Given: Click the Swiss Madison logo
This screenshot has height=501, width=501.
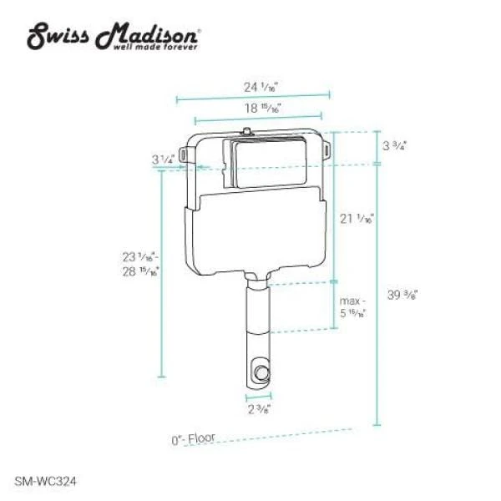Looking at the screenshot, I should [x=114, y=36].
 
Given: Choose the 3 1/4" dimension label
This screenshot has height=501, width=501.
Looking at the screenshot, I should [x=164, y=158].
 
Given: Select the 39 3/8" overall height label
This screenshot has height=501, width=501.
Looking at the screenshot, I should [x=402, y=294].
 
